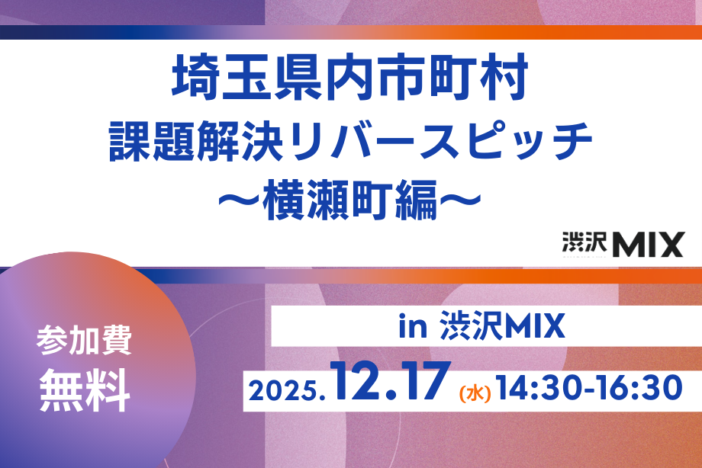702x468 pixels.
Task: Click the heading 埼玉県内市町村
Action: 350,78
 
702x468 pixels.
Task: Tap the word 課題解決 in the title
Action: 196,140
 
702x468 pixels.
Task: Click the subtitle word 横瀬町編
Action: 349,200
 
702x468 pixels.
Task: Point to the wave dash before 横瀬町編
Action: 239,200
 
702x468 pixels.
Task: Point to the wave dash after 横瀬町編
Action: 460,200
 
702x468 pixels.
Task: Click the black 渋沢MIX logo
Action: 623,244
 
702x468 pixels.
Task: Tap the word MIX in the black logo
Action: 649,245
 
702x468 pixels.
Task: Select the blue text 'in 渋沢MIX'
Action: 481,325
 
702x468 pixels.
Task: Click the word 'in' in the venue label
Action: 412,327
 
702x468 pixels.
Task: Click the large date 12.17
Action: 391,380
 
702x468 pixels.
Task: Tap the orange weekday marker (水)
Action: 475,393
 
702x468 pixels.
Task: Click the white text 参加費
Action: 84,341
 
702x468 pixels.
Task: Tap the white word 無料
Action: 85,390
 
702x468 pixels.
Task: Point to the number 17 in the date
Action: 425,380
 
